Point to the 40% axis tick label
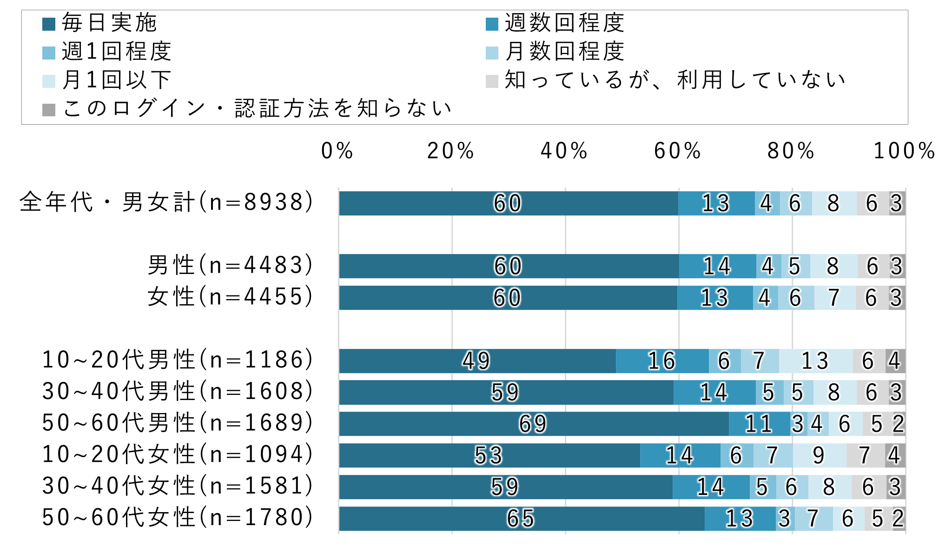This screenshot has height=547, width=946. (564, 151)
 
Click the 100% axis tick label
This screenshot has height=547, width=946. (904, 151)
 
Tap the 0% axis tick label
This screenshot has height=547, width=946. (337, 151)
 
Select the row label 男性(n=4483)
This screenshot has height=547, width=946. (231, 266)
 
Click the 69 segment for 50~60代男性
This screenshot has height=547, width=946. (534, 424)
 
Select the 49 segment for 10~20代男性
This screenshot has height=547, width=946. (477, 360)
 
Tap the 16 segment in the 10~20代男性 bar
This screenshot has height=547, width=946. (662, 360)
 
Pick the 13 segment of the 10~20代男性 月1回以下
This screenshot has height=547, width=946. (815, 360)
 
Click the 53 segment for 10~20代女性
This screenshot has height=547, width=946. (489, 455)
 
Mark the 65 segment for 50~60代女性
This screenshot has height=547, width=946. (522, 518)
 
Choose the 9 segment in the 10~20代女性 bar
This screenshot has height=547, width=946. (819, 455)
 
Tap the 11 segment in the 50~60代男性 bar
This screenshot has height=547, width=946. (759, 424)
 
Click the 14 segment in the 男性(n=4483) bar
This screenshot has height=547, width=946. (717, 266)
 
